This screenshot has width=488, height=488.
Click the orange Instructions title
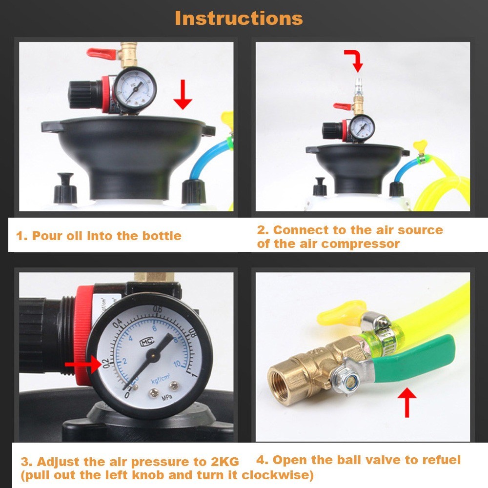[x=239, y=18]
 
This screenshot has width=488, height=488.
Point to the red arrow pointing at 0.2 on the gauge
[x=83, y=364]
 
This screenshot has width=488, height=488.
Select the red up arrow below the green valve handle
[x=407, y=403]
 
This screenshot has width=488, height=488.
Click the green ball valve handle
[x=414, y=358]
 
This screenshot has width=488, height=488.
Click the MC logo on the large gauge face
[x=146, y=342]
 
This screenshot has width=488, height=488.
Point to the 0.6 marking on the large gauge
[x=158, y=309]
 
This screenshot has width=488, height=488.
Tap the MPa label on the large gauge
[x=167, y=397]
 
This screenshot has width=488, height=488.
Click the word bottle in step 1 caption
[x=162, y=236]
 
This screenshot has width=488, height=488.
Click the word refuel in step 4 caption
[x=441, y=460]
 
